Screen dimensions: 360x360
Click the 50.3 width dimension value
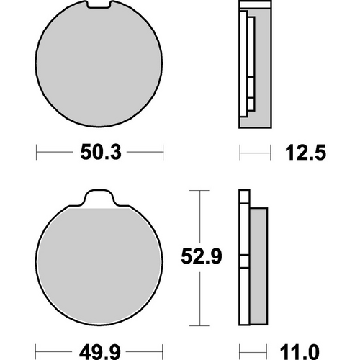click(x=96, y=153)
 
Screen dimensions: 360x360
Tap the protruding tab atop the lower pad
click(x=96, y=199)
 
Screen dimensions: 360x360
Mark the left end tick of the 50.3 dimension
click(x=37, y=153)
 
